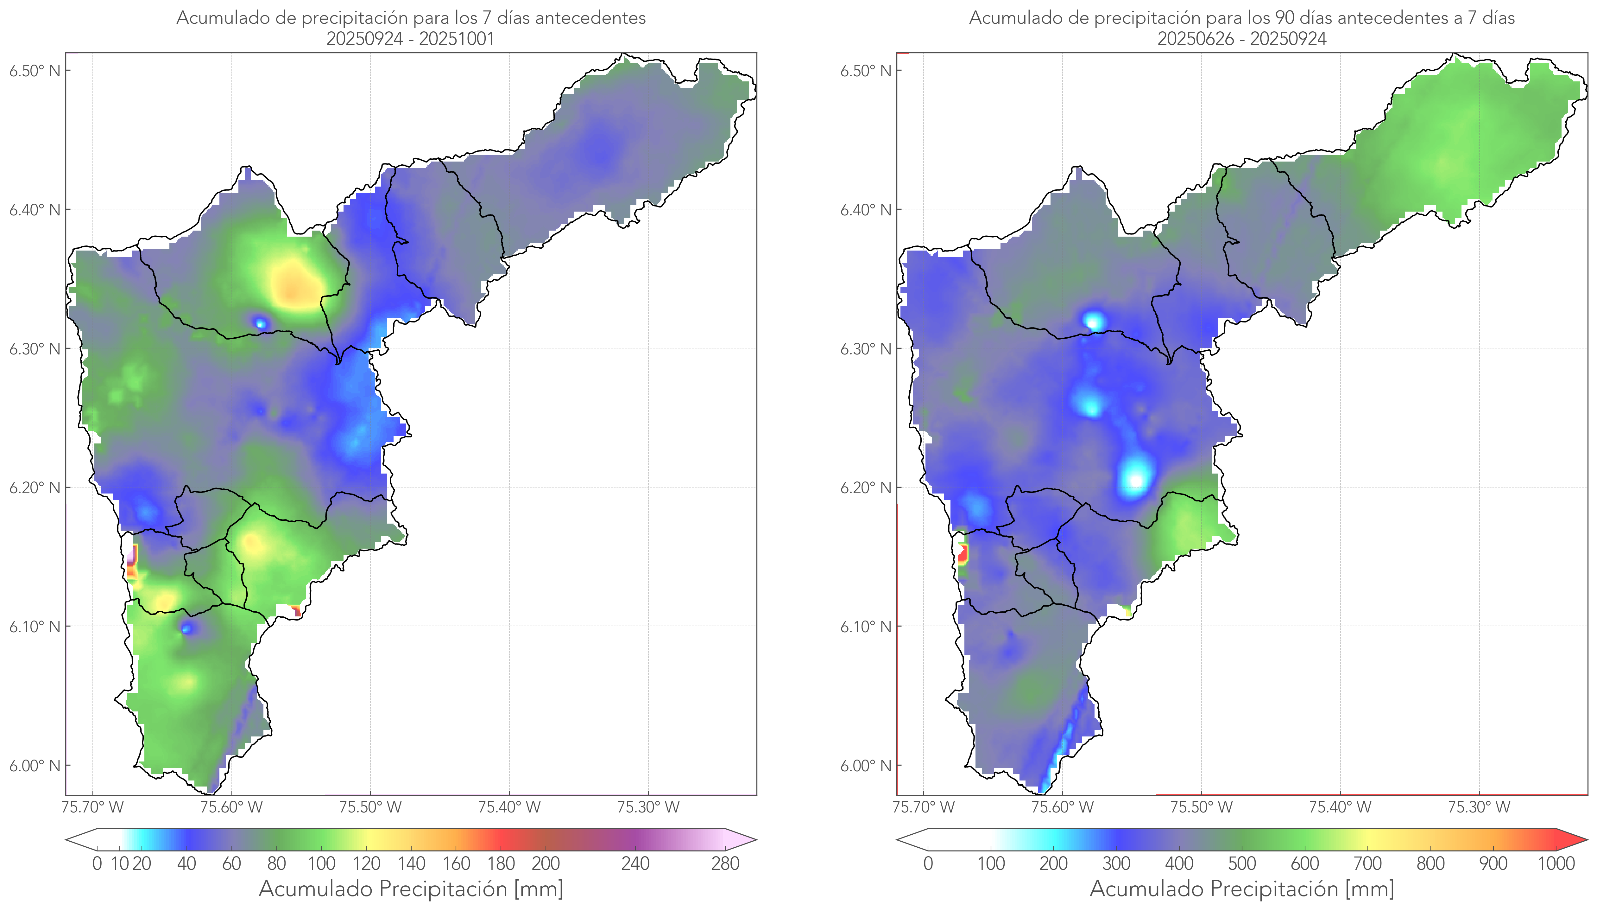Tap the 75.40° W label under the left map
[509, 807]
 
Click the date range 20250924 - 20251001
[410, 39]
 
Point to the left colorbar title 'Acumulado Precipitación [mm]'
[411, 889]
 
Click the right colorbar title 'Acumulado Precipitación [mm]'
[1242, 889]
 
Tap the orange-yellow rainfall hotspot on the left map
[294, 285]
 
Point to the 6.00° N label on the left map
[35, 766]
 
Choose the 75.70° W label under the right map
[924, 807]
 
